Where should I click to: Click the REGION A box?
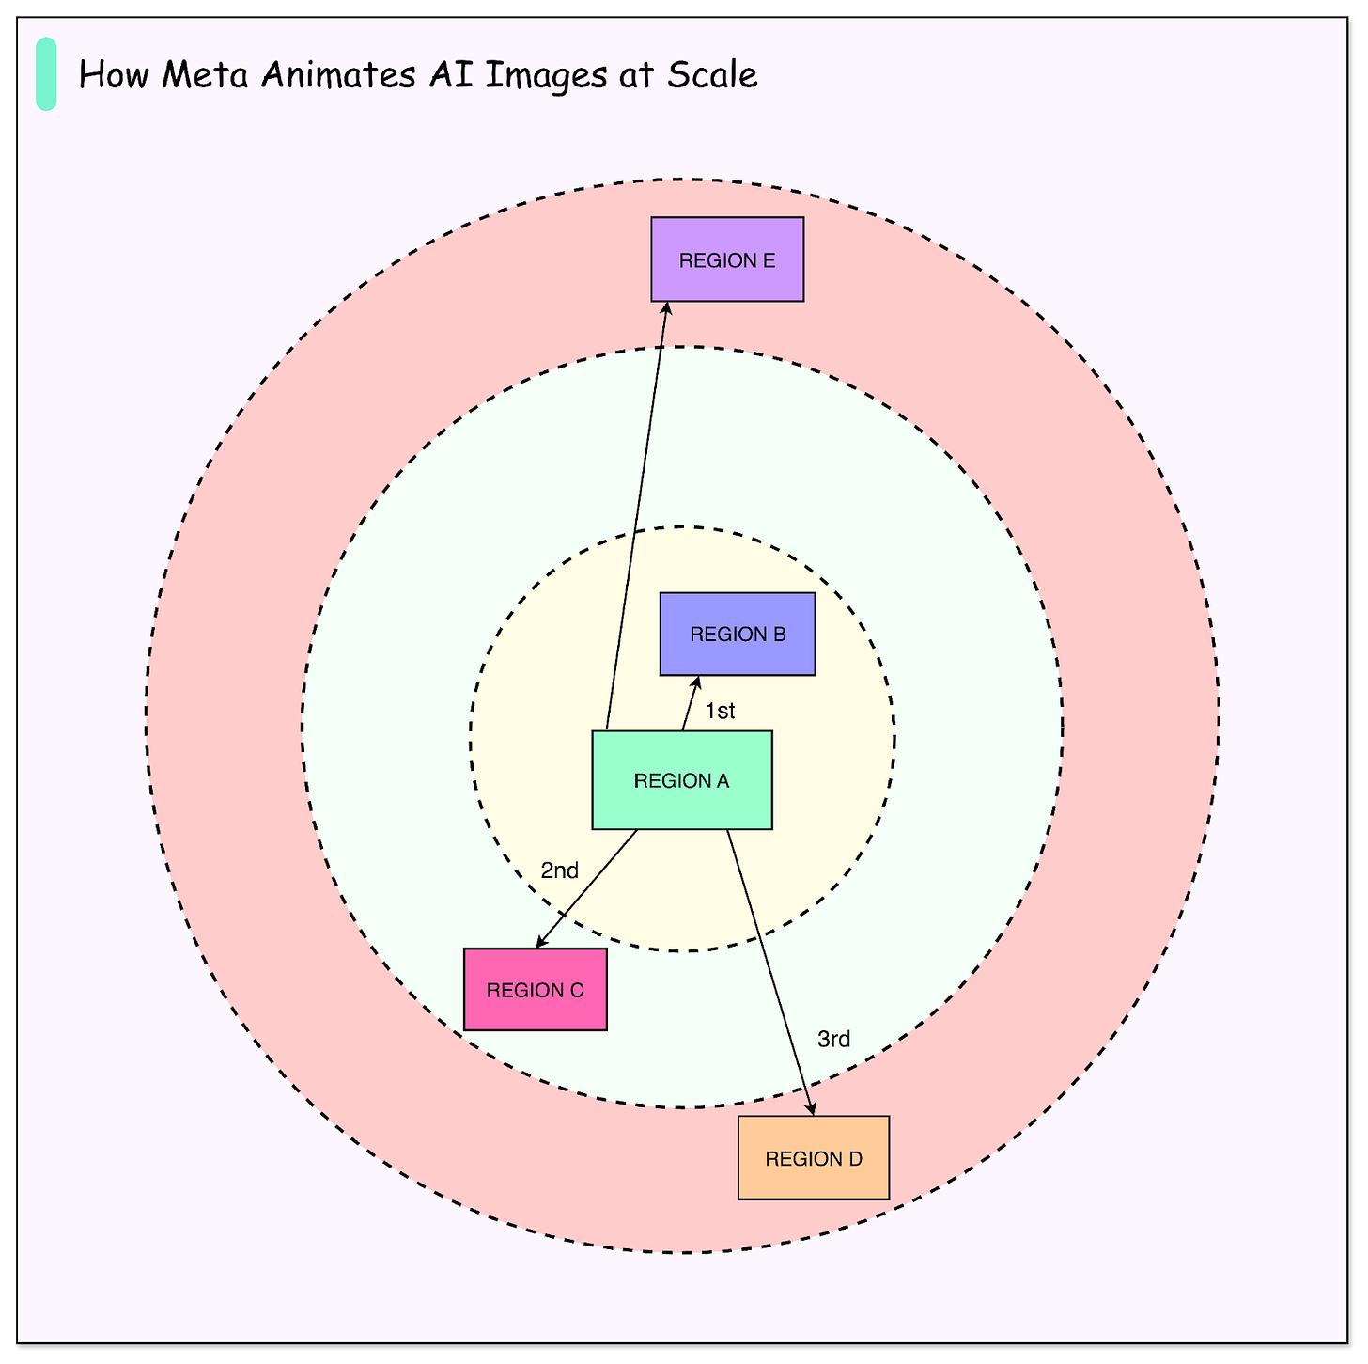pyautogui.click(x=682, y=780)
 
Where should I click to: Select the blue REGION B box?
pyautogui.click(x=738, y=634)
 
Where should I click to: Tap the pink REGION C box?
pyautogui.click(x=536, y=990)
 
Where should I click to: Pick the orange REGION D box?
pyautogui.click(x=814, y=1158)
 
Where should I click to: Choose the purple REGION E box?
pyautogui.click(x=727, y=259)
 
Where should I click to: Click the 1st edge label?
pyautogui.click(x=720, y=712)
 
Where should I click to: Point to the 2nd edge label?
pyautogui.click(x=560, y=870)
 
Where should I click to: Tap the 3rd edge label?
pyautogui.click(x=834, y=1040)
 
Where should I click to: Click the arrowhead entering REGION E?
pyautogui.click(x=666, y=308)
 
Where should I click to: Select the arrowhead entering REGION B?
pyautogui.click(x=696, y=682)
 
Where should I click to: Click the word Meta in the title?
pyautogui.click(x=210, y=75)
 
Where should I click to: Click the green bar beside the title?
pyautogui.click(x=46, y=74)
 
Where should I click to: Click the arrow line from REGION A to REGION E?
pyautogui.click(x=637, y=517)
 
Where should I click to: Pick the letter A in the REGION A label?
pyautogui.click(x=723, y=780)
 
